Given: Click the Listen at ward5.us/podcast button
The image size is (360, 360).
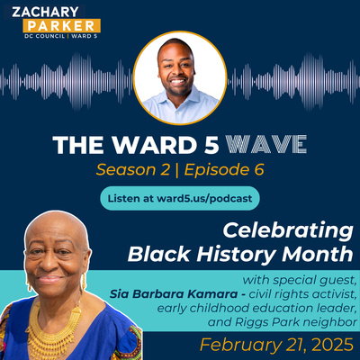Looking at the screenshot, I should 179,196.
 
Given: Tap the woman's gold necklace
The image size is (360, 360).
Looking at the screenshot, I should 57,319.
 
